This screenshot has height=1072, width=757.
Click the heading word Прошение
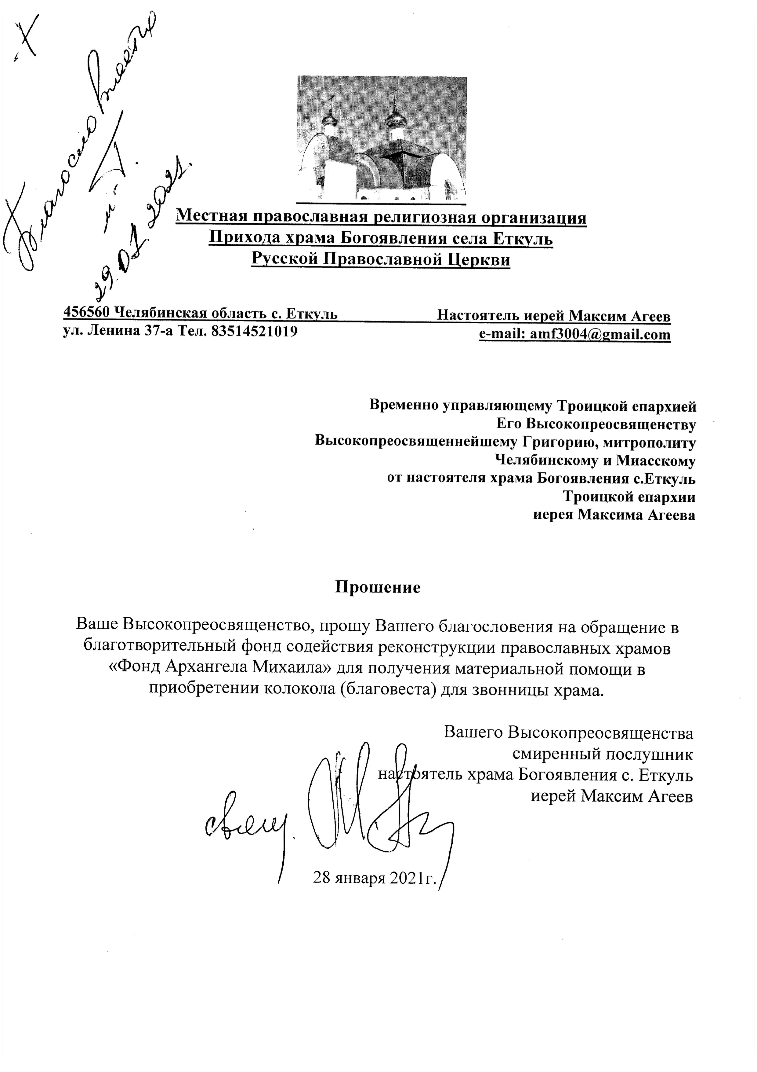click(378, 587)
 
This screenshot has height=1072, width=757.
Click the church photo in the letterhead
click(382, 138)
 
